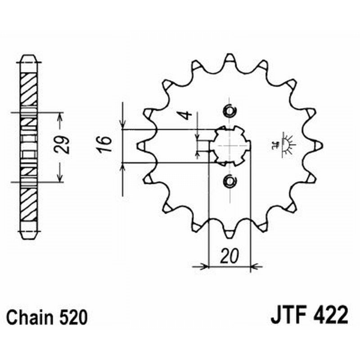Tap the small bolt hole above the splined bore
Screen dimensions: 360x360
tap(229, 110)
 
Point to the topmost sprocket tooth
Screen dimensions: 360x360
tap(229, 58)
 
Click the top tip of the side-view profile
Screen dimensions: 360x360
tap(29, 57)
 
